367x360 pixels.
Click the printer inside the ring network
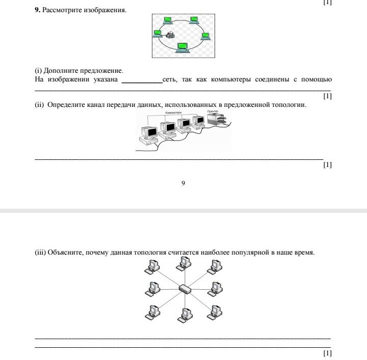[170, 35]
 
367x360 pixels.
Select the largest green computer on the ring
[181, 47]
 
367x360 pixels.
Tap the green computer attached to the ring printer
[158, 34]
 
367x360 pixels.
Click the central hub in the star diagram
[184, 289]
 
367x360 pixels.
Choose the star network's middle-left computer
[152, 288]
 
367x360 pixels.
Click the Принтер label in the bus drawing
[213, 111]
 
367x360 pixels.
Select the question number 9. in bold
[37, 10]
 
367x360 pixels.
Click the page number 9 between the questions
[183, 183]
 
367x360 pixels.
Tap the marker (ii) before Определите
[39, 105]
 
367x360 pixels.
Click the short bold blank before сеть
[142, 80]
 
